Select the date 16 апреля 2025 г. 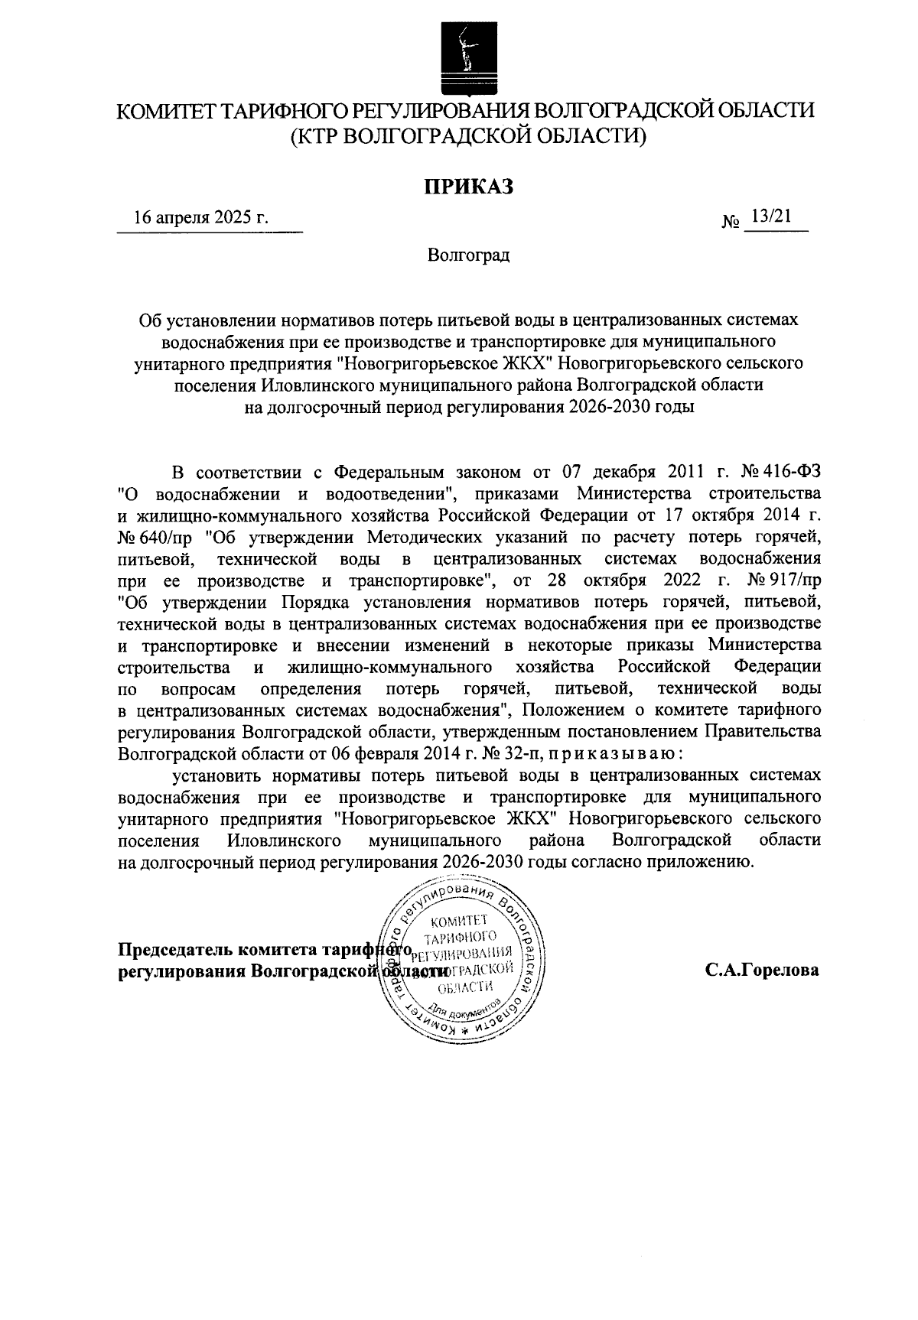pos(200,217)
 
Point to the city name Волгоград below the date pos(468,255)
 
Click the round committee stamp pos(462,964)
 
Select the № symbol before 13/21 pos(731,223)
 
